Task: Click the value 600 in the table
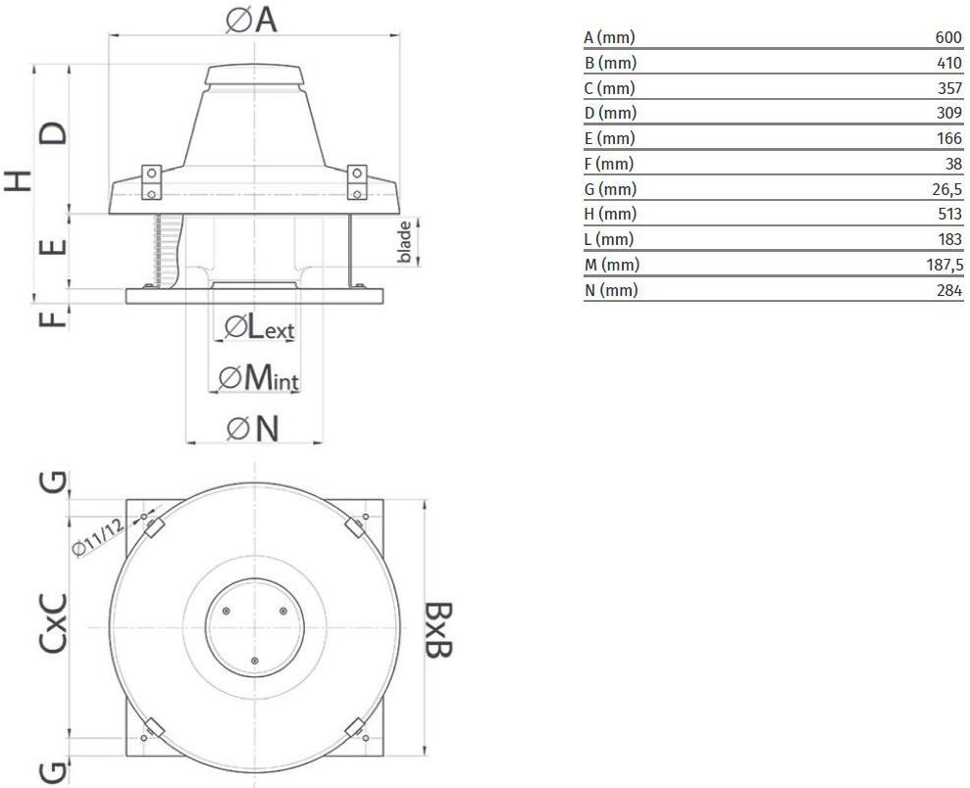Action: [948, 37]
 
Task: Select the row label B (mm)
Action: [610, 63]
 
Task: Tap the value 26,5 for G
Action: [947, 190]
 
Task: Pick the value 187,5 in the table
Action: [944, 266]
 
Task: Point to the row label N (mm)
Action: [611, 290]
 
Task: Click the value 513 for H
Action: [949, 215]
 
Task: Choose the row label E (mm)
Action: [609, 138]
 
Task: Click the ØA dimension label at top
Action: [251, 20]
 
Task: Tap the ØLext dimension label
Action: [259, 326]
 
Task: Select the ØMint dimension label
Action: [259, 377]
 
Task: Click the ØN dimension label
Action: [253, 428]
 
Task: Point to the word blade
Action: [404, 242]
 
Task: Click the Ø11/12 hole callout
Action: [98, 538]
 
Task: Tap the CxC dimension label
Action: [53, 623]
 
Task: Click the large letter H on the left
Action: [19, 180]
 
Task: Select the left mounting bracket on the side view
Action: [152, 182]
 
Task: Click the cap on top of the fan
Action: [254, 74]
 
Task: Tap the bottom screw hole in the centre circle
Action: [254, 661]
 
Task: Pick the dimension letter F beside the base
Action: [53, 319]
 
